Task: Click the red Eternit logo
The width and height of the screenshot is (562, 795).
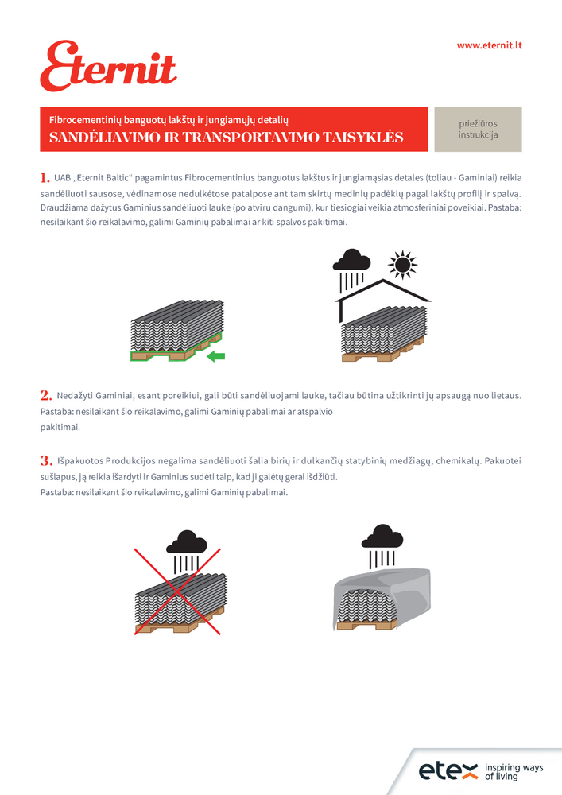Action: coord(108,67)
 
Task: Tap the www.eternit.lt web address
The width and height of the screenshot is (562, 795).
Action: coord(488,45)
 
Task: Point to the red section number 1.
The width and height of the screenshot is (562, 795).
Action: coord(45,176)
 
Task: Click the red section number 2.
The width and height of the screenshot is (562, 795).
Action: coord(45,395)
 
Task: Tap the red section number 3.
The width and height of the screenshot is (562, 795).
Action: coord(45,461)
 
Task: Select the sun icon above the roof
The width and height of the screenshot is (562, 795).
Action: coord(403,264)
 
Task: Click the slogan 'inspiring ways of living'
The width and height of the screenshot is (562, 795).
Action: coord(514,772)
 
